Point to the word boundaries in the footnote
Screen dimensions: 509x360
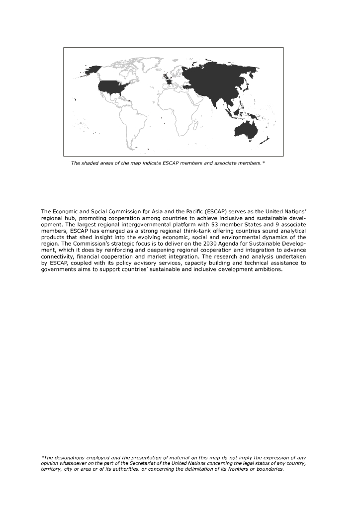[x=269, y=469]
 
